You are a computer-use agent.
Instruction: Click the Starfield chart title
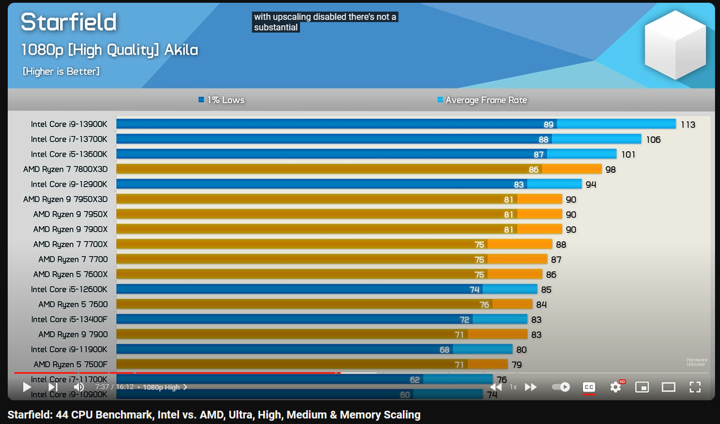pos(69,23)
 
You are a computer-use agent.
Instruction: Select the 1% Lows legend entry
pos(221,100)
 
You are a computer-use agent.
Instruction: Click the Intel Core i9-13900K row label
pos(69,124)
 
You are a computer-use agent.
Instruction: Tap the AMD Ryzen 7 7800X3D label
pos(65,169)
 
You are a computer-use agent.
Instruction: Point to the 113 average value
pos(688,124)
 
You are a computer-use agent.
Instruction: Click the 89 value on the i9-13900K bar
pos(548,124)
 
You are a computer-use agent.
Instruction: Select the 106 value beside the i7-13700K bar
pos(653,139)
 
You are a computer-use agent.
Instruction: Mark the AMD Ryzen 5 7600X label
pos(70,274)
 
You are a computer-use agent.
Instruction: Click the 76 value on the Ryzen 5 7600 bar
pos(484,304)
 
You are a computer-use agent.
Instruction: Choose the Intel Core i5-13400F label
pos(69,319)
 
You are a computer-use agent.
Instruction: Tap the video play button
pos(27,387)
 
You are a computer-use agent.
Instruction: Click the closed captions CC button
pos(589,387)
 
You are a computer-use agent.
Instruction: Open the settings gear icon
pos(616,387)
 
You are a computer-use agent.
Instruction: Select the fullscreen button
pos(695,387)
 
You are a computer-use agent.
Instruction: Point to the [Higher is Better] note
pos(61,71)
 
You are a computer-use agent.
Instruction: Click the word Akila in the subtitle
pos(181,50)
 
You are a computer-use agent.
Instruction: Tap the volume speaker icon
pos(78,387)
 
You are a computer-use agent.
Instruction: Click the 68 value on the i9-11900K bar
pos(444,349)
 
